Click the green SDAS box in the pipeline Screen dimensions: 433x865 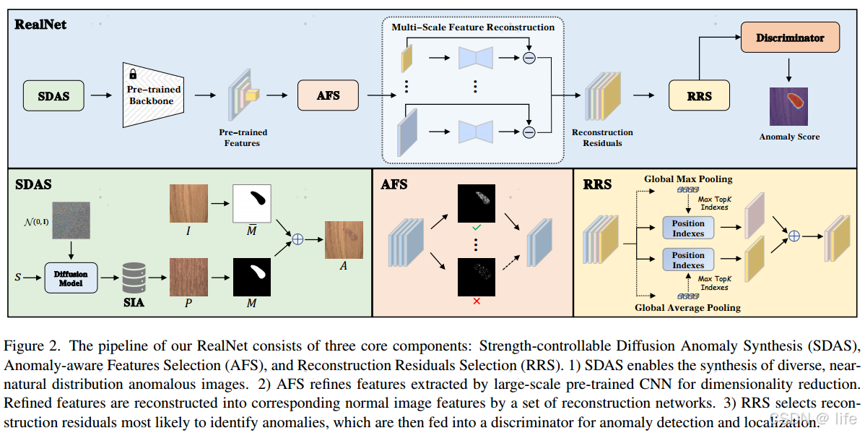54,95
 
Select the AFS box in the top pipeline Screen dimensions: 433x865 328,95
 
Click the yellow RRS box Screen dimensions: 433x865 699,95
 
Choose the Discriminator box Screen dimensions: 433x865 790,38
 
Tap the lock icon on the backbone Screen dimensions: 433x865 133,74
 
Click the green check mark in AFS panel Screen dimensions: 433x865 476,229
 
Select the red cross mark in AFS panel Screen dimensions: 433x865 476,301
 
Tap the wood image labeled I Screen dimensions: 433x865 188,203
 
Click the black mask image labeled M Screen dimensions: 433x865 251,276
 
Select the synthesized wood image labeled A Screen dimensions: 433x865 344,240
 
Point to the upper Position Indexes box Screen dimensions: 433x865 687,228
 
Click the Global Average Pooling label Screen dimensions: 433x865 687,308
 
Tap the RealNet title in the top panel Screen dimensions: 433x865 40,25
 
